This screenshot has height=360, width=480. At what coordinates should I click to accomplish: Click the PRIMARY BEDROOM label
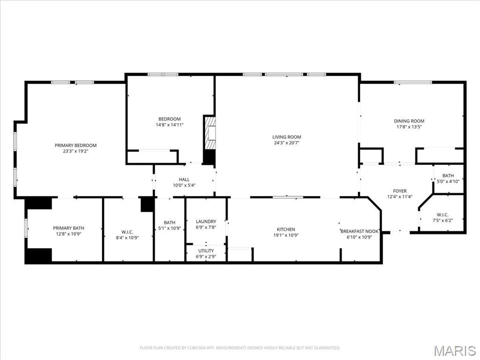[75, 145]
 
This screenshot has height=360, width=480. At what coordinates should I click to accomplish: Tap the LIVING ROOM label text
[286, 137]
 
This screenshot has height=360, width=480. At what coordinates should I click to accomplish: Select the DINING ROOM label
[409, 121]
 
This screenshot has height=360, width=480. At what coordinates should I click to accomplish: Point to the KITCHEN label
[285, 229]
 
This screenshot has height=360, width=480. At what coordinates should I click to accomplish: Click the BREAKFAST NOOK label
[360, 231]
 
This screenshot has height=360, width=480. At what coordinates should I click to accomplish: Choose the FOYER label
[400, 191]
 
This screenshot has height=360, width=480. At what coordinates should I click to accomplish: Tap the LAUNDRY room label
[206, 222]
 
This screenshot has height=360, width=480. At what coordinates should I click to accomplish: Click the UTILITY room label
[206, 251]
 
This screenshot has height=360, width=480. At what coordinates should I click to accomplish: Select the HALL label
[184, 180]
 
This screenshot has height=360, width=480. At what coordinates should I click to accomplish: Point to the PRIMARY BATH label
[68, 228]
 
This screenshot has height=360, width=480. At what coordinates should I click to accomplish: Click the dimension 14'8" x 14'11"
[170, 125]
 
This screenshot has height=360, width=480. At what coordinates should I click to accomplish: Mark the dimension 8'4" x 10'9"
[127, 237]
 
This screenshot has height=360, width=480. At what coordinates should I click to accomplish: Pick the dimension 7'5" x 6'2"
[442, 220]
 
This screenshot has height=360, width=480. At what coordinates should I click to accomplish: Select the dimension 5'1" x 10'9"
[170, 228]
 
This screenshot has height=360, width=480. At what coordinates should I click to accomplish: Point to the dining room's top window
[412, 82]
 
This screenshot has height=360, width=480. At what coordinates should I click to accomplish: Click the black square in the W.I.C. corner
[147, 204]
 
